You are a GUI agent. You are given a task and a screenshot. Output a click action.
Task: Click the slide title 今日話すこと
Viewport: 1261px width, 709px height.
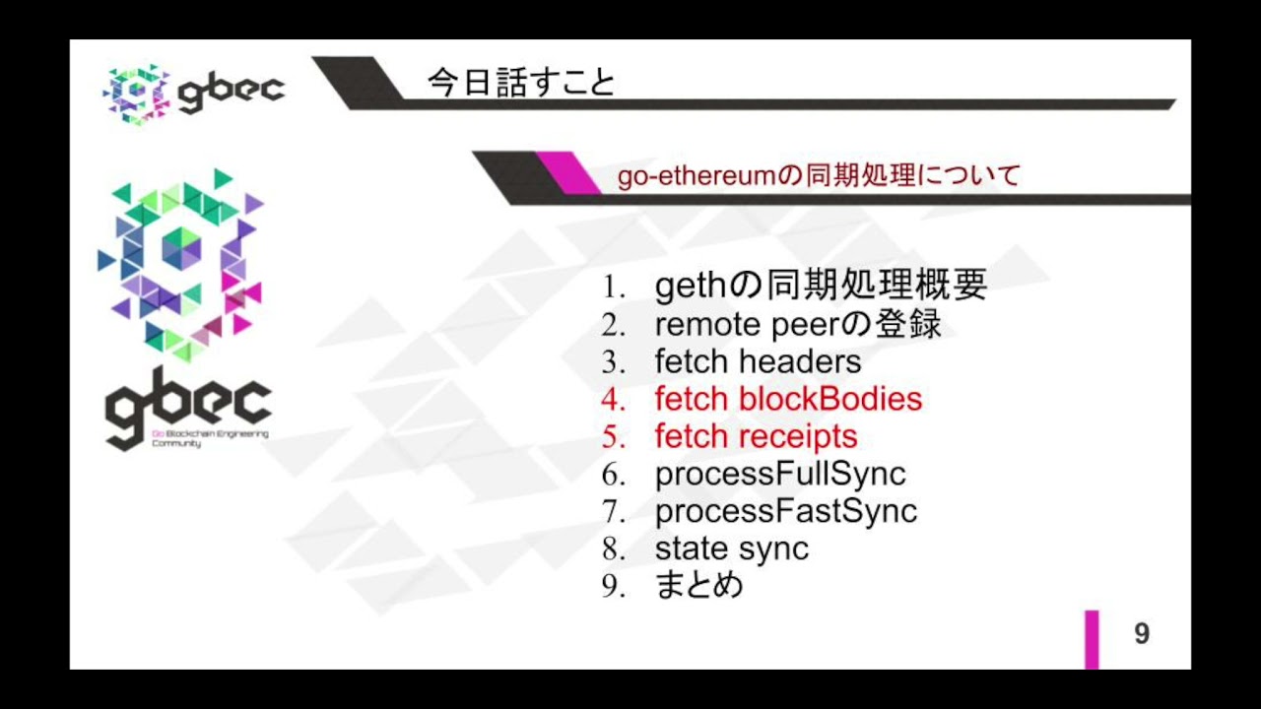pos(521,83)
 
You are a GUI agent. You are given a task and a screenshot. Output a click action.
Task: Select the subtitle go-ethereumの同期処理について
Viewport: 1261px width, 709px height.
pos(819,176)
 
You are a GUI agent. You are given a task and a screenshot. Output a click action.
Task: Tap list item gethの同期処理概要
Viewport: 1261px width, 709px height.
pos(821,287)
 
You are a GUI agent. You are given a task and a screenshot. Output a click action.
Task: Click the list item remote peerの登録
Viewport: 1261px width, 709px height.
pos(798,324)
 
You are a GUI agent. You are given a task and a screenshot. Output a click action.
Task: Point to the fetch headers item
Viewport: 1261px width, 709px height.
pos(758,361)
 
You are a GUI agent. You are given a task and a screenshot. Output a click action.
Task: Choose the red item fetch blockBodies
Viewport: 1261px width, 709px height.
pos(788,399)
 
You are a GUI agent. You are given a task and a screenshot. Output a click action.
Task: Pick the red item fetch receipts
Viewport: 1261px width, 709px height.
pos(756,436)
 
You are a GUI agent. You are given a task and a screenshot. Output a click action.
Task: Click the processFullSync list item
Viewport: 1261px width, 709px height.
pos(779,474)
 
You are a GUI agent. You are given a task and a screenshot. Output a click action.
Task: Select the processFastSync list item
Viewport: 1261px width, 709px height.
pos(785,511)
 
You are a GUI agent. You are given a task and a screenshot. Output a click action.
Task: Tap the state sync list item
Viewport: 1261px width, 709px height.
pos(731,548)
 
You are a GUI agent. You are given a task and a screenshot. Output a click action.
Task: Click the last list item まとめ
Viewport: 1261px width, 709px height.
pos(698,586)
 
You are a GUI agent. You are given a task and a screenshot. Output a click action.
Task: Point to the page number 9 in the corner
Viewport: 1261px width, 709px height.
pos(1142,634)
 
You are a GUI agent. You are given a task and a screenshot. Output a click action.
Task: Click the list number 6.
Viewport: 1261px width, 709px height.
pos(614,475)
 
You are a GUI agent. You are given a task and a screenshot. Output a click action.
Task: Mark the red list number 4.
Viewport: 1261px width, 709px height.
pos(614,400)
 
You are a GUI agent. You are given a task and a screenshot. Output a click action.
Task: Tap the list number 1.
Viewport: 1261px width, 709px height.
pos(614,288)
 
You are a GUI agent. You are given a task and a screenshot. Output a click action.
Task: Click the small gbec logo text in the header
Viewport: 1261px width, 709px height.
pos(232,91)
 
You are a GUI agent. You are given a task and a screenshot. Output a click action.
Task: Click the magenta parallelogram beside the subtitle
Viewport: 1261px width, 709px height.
pos(568,172)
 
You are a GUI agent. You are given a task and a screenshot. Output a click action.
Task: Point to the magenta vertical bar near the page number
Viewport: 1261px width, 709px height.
pos(1092,639)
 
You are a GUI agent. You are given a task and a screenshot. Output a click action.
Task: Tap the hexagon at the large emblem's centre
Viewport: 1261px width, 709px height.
pos(181,247)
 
